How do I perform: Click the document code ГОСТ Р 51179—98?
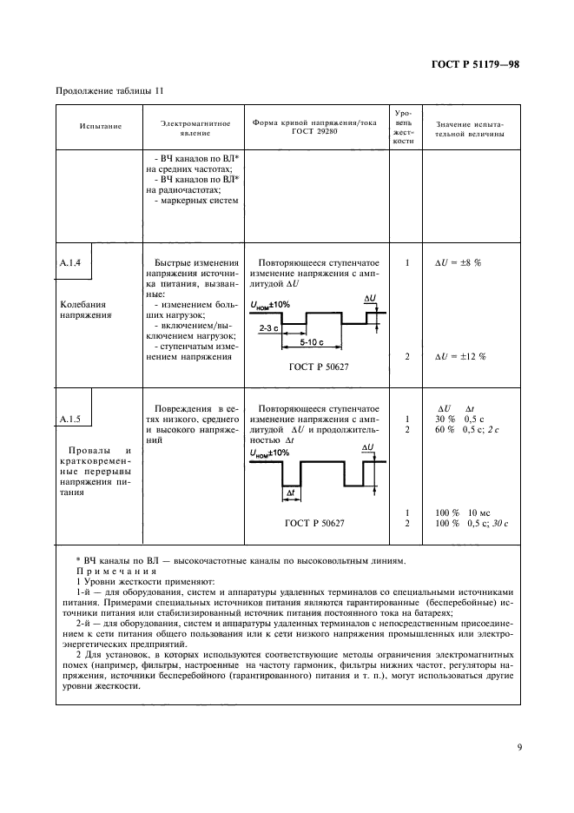pos(475,63)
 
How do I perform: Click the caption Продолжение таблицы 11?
pos(109,91)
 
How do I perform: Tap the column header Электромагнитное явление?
pos(195,129)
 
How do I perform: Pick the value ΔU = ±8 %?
pos(458,261)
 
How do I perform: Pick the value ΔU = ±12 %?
pos(459,357)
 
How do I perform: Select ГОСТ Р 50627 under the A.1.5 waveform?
pos(314,524)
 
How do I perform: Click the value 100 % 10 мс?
pos(463,512)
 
